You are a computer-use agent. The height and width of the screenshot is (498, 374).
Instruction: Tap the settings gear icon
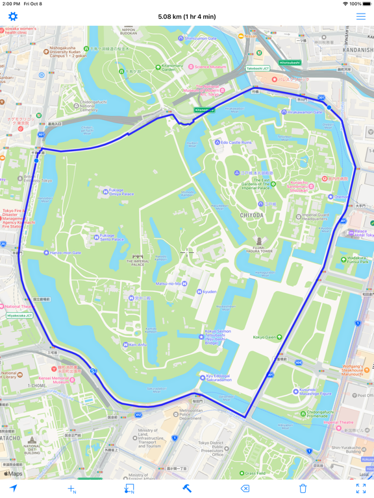[x=13, y=16]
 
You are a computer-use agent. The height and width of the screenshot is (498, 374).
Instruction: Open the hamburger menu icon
[x=360, y=16]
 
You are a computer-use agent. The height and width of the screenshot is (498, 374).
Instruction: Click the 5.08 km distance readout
[x=187, y=17]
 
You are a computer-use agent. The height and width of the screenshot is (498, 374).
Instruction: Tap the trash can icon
[x=303, y=488]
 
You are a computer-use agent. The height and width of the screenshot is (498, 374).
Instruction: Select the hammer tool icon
[x=187, y=488]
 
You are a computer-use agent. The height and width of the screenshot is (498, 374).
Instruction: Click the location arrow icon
[x=13, y=488]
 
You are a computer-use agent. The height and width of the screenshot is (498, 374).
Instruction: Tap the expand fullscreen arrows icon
[x=360, y=488]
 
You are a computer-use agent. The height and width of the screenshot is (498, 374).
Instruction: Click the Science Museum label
[x=210, y=67]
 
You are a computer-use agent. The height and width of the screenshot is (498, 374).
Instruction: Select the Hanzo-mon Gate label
[x=66, y=253]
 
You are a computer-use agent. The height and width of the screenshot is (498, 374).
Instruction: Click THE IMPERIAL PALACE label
[x=138, y=262]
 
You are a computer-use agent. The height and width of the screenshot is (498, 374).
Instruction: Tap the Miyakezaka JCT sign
[x=19, y=316]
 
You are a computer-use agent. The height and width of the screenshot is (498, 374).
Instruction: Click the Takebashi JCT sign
[x=258, y=68]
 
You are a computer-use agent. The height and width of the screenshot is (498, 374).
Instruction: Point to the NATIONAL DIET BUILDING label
[x=32, y=448]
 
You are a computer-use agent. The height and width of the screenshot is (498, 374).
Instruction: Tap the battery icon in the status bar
[x=366, y=4]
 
